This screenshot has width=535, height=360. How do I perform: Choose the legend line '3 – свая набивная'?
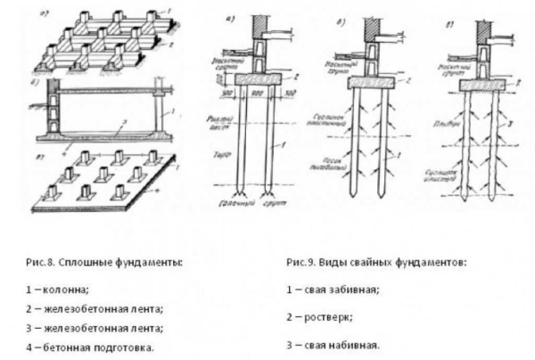click(x=334, y=343)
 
